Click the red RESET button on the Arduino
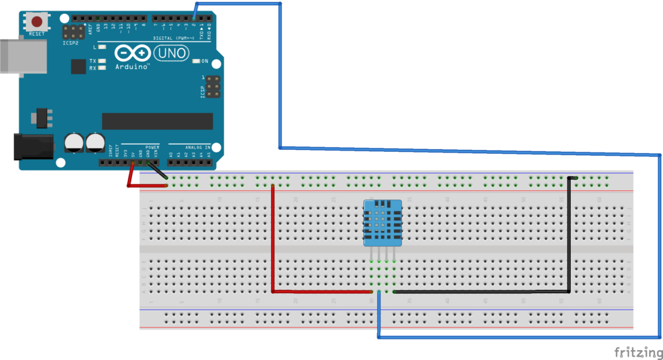coord(37,22)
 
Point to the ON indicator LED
coord(196,61)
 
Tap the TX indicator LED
coord(101,60)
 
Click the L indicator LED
coord(101,47)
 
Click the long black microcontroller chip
coord(157,121)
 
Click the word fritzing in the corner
coord(636,351)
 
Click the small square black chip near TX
coord(79,66)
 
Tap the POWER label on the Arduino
coord(152,147)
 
